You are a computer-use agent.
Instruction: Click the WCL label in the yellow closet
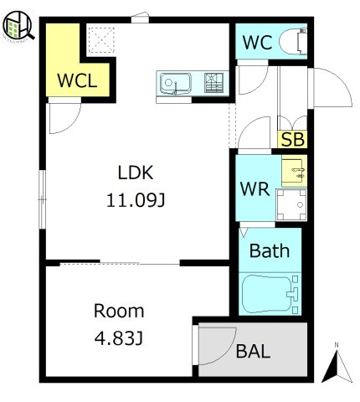point(77,80)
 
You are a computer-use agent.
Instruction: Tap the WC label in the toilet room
point(257,43)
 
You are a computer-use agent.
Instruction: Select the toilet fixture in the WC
point(293,41)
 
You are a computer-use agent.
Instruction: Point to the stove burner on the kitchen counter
point(213,83)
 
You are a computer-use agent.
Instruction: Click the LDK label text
point(136,173)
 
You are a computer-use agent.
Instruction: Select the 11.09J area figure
point(136,200)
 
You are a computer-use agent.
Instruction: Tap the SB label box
point(292,139)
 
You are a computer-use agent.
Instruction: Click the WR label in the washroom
point(255,189)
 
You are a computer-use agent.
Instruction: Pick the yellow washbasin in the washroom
point(294,171)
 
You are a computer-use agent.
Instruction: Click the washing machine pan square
point(291,205)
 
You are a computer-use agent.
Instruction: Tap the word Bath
point(270,250)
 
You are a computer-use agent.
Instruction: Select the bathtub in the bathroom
point(270,294)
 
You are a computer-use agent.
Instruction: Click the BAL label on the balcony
point(253,351)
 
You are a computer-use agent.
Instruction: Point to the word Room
point(119,311)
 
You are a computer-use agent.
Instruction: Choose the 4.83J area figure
point(119,338)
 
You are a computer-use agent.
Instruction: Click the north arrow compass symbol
point(337,364)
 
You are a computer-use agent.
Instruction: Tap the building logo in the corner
point(18,26)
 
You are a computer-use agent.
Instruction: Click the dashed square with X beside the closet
point(101,40)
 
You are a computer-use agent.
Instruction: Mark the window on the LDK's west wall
point(42,199)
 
